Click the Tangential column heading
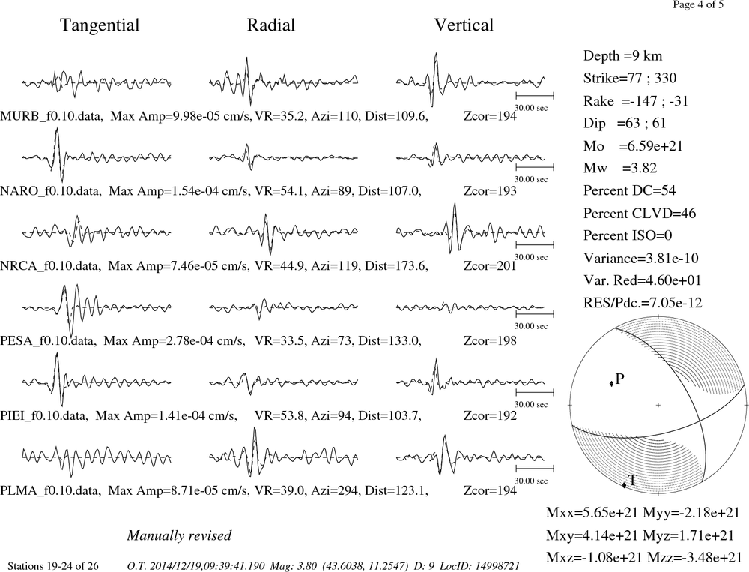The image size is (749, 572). tap(100, 25)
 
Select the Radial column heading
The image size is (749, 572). tap(271, 25)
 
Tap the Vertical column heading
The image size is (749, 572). tap(464, 25)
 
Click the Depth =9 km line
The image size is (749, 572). tap(622, 56)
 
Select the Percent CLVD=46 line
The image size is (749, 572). tap(640, 213)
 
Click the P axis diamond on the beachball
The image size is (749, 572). tap(611, 384)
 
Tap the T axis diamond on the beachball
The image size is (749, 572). tap(624, 486)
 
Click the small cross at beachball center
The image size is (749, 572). tap(658, 405)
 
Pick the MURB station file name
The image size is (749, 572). tap(51, 116)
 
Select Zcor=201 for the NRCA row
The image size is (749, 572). tap(490, 265)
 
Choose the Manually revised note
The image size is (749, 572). tap(179, 535)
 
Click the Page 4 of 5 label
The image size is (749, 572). tap(698, 4)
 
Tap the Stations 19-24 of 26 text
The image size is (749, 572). tap(53, 566)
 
